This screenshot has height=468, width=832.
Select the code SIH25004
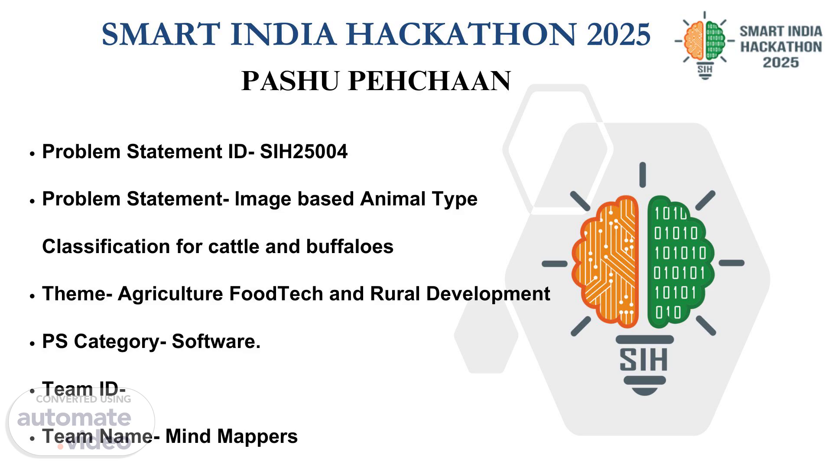303,152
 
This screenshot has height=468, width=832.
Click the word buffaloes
350,246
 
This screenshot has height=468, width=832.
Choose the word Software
216,341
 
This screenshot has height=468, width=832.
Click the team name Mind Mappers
231,436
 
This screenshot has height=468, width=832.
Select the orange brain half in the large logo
605,261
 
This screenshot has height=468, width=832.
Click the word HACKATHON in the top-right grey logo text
781,47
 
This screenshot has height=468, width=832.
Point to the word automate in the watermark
74,418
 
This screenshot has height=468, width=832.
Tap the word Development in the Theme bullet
488,294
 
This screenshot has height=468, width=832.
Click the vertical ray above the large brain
643,175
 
